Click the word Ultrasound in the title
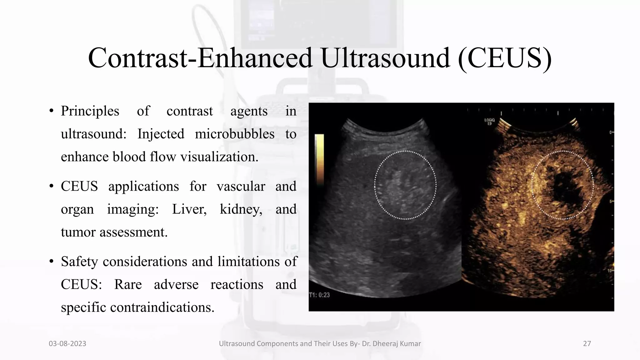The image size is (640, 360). pyautogui.click(x=385, y=58)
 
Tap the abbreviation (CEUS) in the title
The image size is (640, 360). pyautogui.click(x=505, y=58)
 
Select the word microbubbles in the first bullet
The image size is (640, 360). pyautogui.click(x=234, y=134)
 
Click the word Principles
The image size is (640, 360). pyautogui.click(x=90, y=111)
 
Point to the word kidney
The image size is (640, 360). pyautogui.click(x=241, y=209)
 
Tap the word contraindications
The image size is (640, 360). pyautogui.click(x=162, y=307)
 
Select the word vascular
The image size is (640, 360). pyautogui.click(x=241, y=187)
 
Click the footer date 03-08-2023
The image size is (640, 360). pyautogui.click(x=67, y=344)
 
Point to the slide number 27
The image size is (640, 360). pyautogui.click(x=587, y=344)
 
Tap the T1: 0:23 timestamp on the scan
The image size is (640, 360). pyautogui.click(x=319, y=295)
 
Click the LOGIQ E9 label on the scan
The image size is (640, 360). pyautogui.click(x=489, y=122)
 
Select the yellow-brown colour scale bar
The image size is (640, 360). pyautogui.click(x=319, y=159)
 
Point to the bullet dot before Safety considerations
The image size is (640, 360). pyautogui.click(x=52, y=262)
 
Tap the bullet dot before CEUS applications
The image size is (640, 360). pyautogui.click(x=52, y=186)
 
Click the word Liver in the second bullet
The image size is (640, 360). pyautogui.click(x=189, y=209)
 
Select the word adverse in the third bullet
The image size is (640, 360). pyautogui.click(x=176, y=285)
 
